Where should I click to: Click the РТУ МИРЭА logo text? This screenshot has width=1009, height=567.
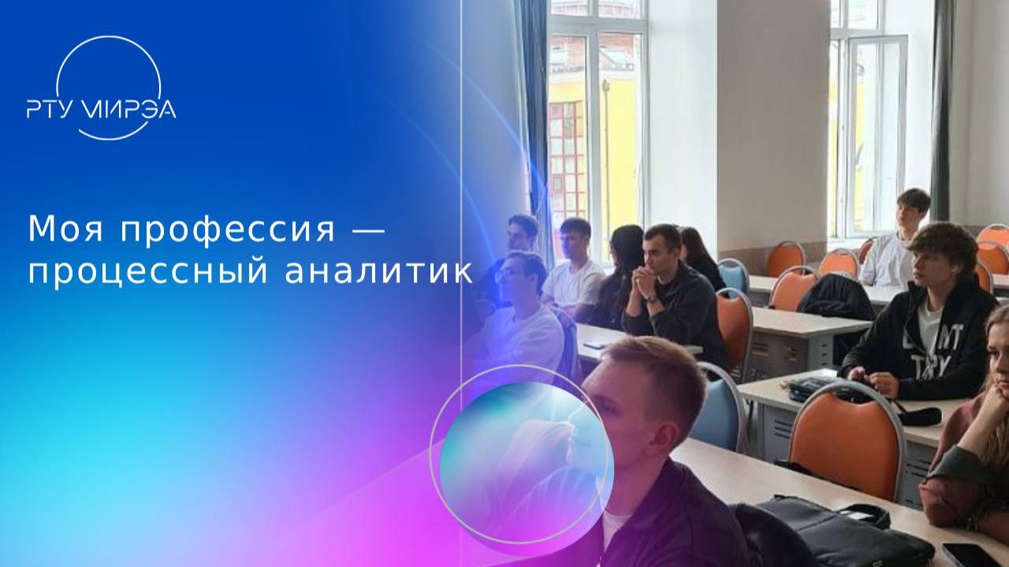[101, 108]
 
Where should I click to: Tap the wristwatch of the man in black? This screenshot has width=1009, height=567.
[651, 298]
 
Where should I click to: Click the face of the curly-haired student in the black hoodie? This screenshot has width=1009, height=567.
[929, 264]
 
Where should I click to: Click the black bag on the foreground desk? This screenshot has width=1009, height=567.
[836, 532]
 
